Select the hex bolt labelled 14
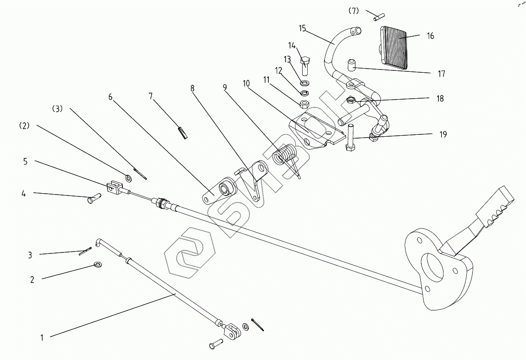click(305, 66)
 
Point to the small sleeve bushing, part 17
click(352, 65)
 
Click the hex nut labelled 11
click(304, 104)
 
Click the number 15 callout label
click(303, 28)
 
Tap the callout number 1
click(42, 337)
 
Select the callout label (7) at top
click(353, 11)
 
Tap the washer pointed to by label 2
click(98, 265)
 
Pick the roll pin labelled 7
click(183, 132)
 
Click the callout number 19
click(443, 134)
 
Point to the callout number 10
click(246, 83)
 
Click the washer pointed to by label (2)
click(128, 177)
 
